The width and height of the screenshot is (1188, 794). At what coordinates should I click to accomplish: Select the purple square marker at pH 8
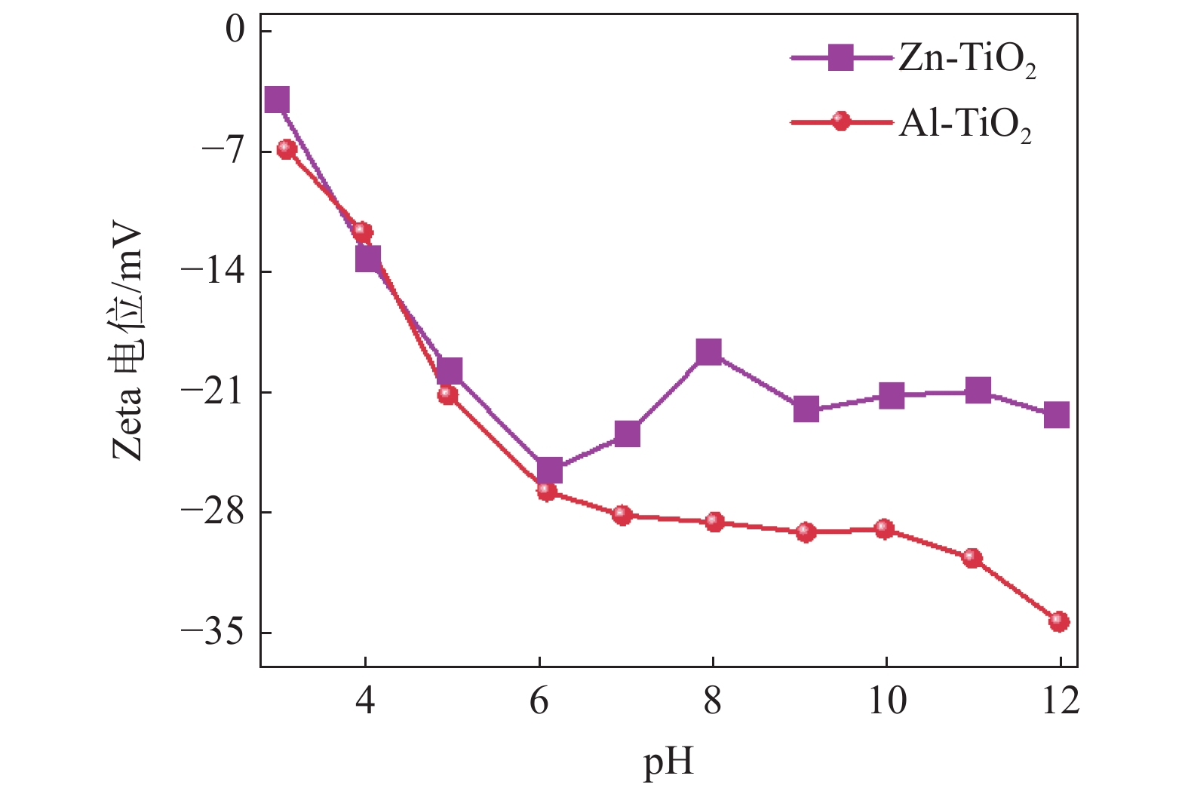709,351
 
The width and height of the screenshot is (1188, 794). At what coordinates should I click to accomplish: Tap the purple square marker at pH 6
549,471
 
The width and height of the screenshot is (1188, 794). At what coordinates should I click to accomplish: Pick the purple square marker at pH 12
1057,415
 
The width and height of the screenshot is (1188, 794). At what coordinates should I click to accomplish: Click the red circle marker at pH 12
1059,621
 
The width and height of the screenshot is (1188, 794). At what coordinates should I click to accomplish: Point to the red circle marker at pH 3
287,149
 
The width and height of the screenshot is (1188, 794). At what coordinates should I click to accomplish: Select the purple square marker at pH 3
278,100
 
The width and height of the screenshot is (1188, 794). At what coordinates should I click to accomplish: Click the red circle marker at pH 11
972,558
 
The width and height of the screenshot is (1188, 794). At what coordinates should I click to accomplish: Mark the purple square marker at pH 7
627,434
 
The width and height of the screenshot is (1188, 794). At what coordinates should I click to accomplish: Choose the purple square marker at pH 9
806,409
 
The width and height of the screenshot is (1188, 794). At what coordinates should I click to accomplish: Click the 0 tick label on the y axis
237,32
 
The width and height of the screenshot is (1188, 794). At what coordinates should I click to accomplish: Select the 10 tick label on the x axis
887,702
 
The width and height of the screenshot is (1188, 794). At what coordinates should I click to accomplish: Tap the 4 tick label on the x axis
365,702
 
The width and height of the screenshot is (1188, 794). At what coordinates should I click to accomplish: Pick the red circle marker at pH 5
447,394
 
